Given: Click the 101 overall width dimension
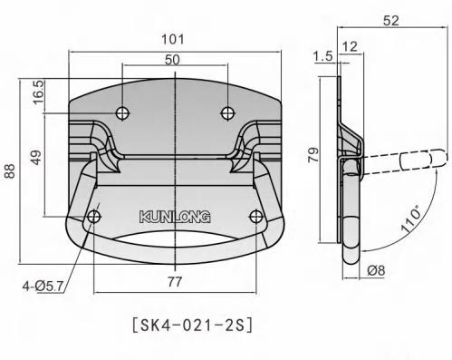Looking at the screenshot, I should click(173, 39).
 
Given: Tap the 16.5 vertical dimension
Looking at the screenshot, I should click(38, 94).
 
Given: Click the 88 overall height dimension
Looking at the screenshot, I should click(10, 172).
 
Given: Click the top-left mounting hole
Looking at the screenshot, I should click(122, 112).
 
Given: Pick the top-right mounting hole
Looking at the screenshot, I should click(226, 112).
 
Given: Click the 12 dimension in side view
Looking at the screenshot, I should click(351, 44).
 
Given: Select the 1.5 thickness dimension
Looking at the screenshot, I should click(322, 56).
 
